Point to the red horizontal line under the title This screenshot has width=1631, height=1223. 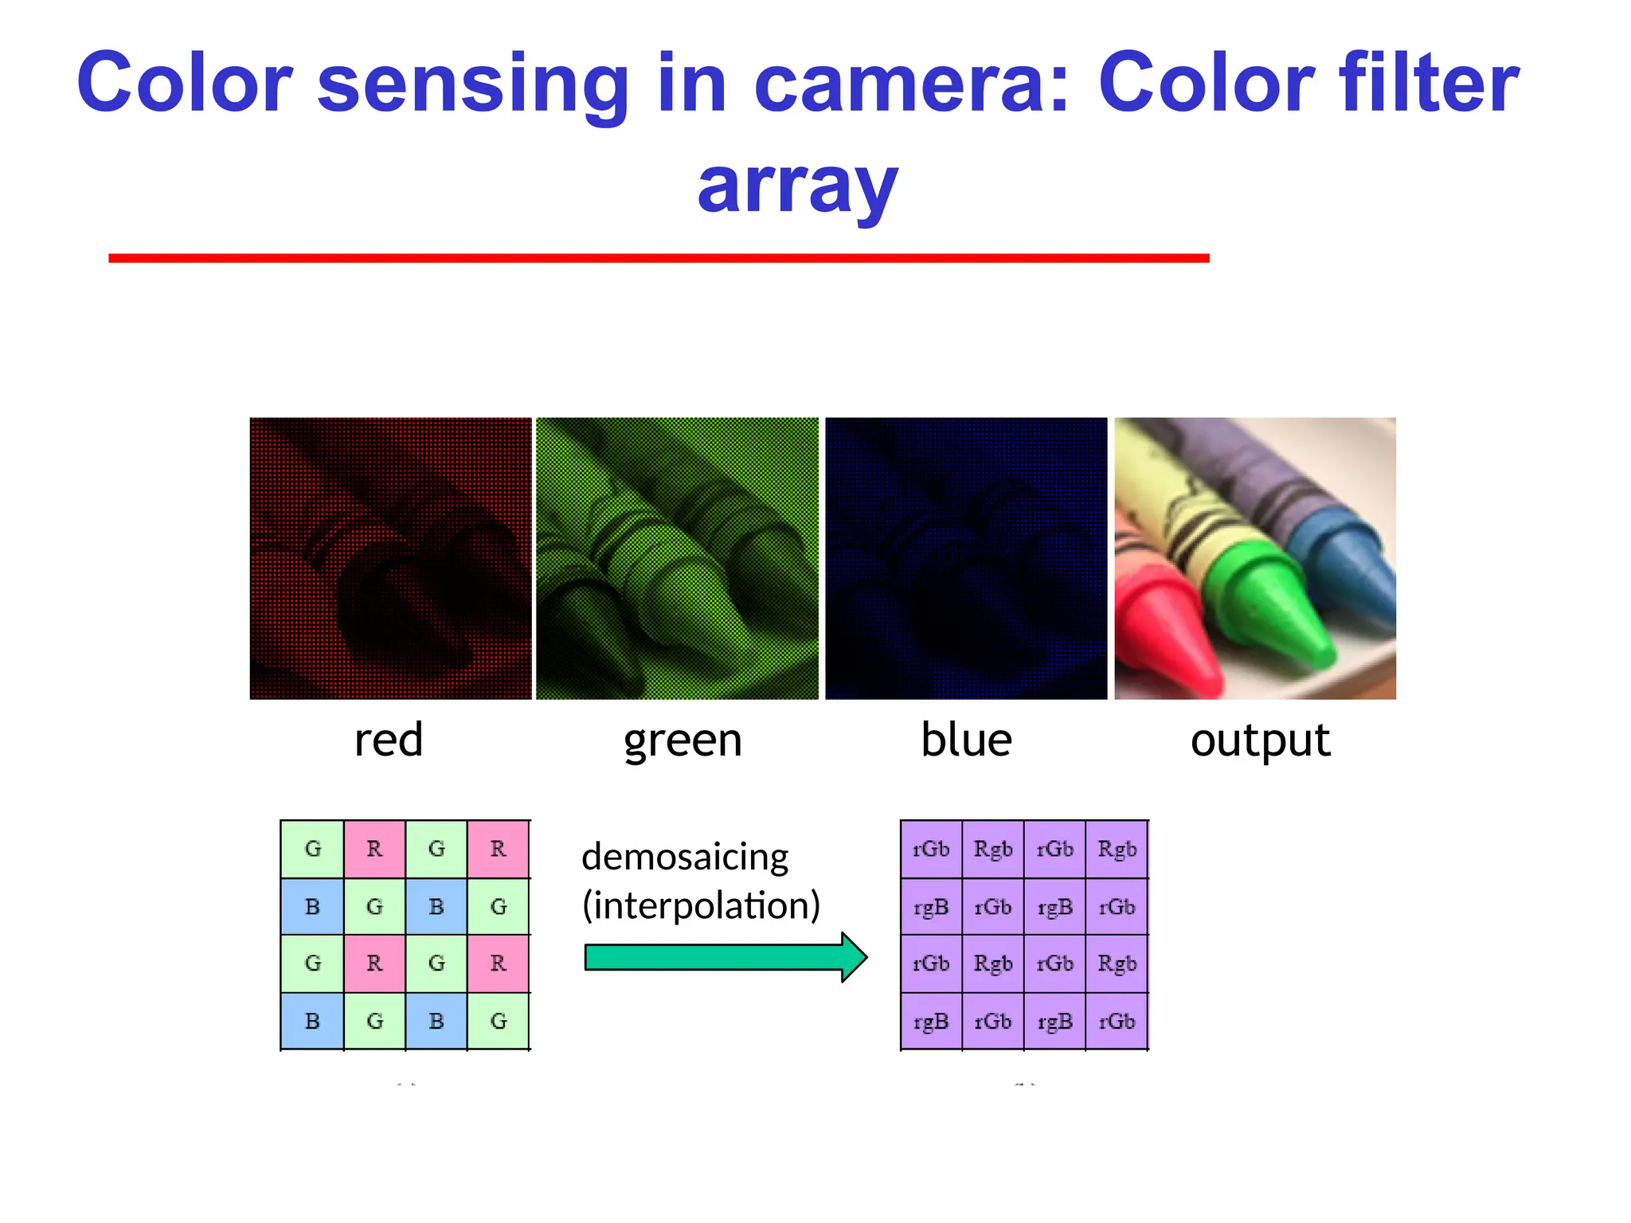click(x=659, y=258)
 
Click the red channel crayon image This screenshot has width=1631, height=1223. click(x=390, y=558)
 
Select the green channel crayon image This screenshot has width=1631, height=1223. click(x=677, y=558)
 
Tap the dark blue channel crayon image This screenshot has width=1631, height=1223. click(x=966, y=558)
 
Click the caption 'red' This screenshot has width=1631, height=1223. click(x=389, y=740)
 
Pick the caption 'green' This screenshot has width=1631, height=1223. click(x=683, y=741)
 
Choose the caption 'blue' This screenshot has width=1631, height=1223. click(x=966, y=740)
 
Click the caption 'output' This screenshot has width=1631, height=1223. click(x=1260, y=741)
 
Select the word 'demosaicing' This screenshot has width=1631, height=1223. click(x=685, y=858)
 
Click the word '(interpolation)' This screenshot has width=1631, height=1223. click(x=701, y=906)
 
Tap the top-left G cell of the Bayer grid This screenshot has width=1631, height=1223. click(x=312, y=849)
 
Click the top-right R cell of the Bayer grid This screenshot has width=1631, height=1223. click(x=499, y=849)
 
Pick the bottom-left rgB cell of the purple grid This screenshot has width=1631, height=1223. click(x=931, y=1022)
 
